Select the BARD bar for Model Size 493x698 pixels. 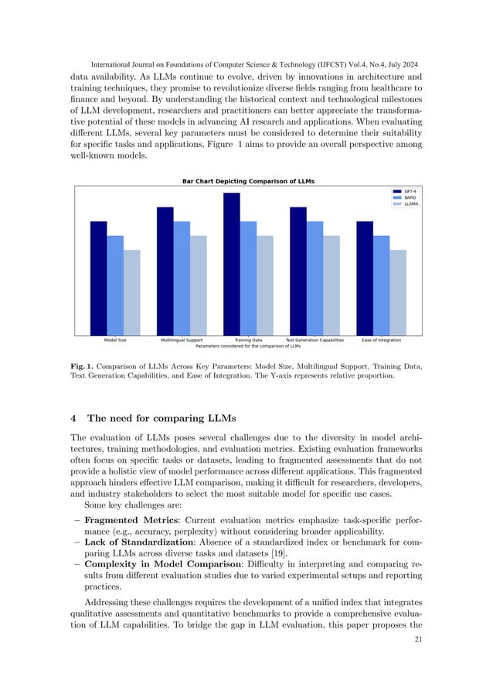click(x=115, y=285)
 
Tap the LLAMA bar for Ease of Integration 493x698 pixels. click(x=398, y=292)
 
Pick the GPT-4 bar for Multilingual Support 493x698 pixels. click(x=165, y=271)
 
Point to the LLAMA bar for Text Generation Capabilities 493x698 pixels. click(x=331, y=285)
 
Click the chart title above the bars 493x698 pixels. click(x=248, y=181)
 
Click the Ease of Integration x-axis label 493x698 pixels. click(x=381, y=340)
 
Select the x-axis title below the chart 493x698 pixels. click(x=248, y=345)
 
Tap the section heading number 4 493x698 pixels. click(x=73, y=419)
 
